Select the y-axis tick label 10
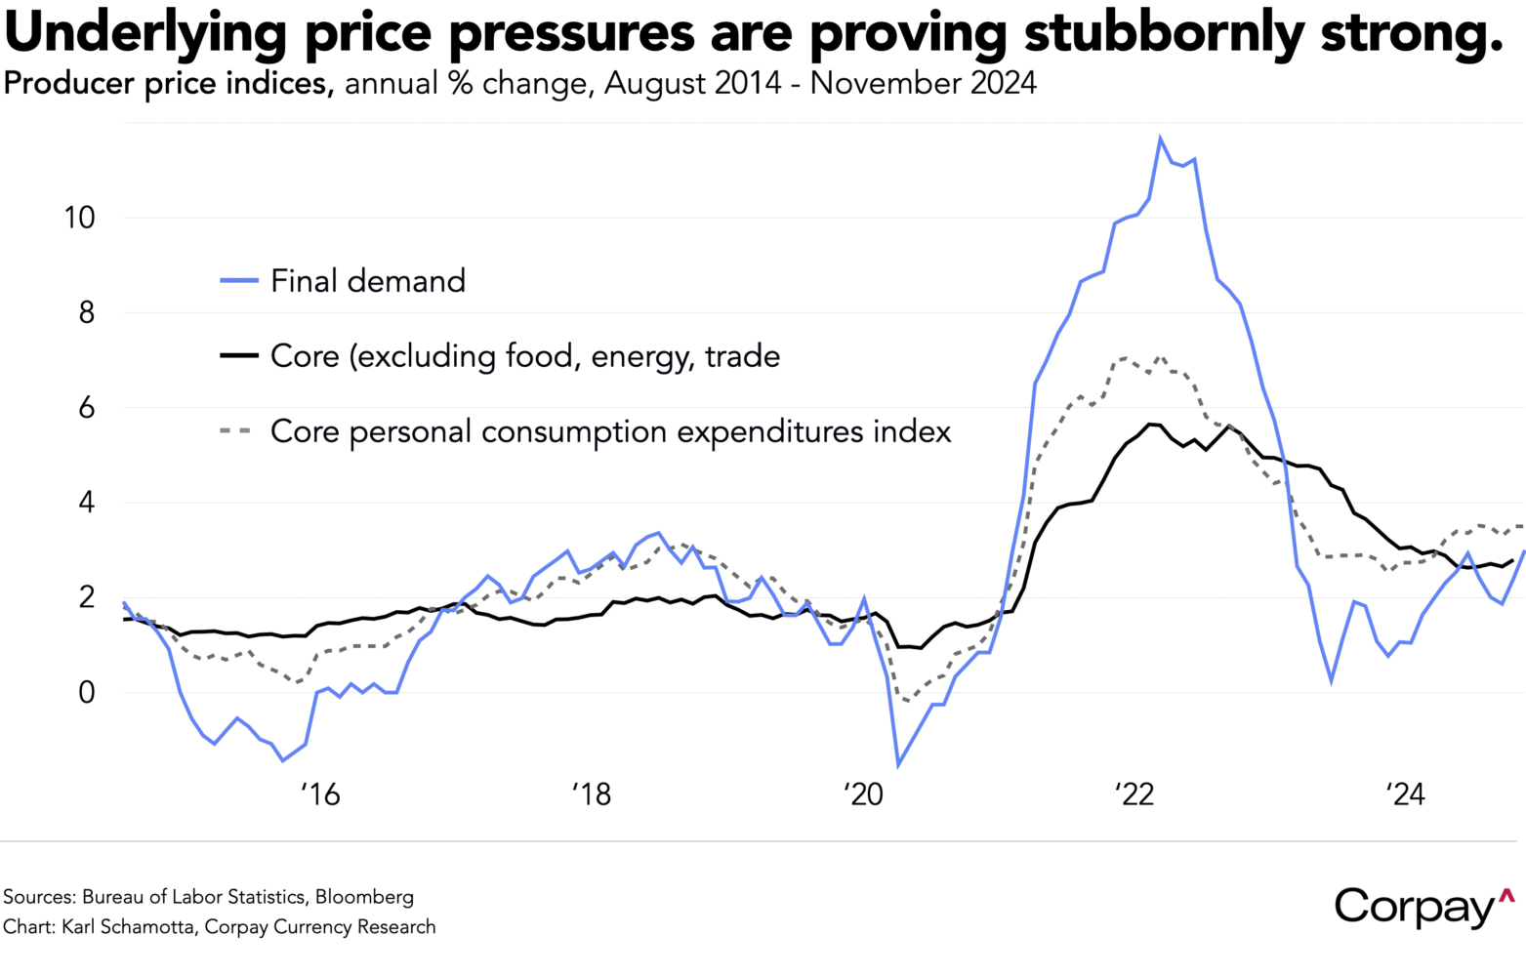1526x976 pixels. pos(79,218)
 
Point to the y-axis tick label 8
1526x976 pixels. pos(87,312)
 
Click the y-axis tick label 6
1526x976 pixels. pos(87,408)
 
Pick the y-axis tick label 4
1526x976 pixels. pos(87,503)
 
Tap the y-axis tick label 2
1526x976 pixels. pos(87,597)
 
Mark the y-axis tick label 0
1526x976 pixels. pos(87,693)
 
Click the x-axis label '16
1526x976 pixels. pos(319,794)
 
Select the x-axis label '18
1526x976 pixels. pos(591,794)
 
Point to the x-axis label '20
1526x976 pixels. pos(863,794)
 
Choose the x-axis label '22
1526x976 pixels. pos(1134,794)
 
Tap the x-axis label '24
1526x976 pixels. pos(1406,794)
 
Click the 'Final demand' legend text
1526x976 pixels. pos(368,281)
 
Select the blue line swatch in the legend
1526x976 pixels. pos(239,281)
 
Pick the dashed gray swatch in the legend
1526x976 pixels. pos(239,431)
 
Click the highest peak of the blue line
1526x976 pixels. pos(1160,139)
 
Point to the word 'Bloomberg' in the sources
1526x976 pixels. pos(364,897)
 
